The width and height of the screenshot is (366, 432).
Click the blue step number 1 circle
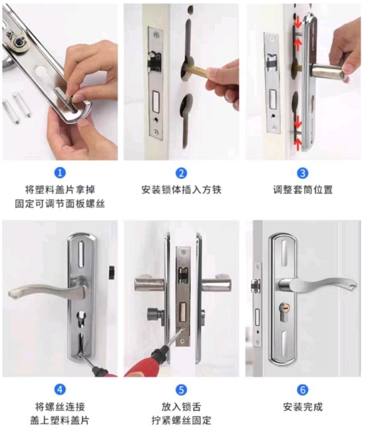click(x=60, y=173)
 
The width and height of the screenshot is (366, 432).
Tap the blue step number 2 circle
click(x=181, y=173)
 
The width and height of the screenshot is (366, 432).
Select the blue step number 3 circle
click(x=303, y=173)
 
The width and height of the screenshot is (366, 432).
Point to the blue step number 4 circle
click(x=60, y=389)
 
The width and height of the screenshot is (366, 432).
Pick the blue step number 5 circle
click(x=181, y=390)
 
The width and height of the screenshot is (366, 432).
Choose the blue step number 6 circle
click(x=303, y=390)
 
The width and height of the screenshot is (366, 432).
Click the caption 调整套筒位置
click(x=303, y=190)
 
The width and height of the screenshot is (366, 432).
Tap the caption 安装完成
click(x=303, y=407)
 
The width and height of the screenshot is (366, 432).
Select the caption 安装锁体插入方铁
click(x=181, y=190)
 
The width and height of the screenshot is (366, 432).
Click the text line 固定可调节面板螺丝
click(x=60, y=204)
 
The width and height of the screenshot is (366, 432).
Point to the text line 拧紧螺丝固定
click(x=181, y=421)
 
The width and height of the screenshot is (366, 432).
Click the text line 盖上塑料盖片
click(x=60, y=421)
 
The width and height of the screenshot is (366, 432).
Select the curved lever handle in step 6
click(x=317, y=285)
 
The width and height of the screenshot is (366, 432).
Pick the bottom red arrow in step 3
click(x=298, y=146)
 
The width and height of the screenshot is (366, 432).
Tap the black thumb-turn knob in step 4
click(x=111, y=272)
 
